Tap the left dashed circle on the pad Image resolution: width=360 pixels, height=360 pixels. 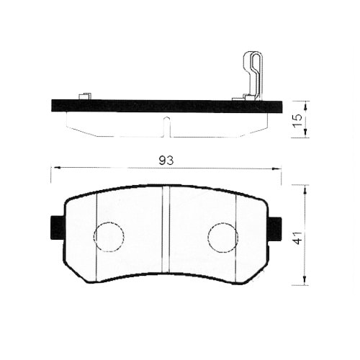(x=109, y=236)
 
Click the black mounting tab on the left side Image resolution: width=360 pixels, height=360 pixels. (x=57, y=228)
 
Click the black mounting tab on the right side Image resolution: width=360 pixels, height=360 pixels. (x=274, y=228)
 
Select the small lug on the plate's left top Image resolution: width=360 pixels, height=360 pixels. (x=84, y=96)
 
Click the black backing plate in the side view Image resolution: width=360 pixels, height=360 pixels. (x=166, y=106)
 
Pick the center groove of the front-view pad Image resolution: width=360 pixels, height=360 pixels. (x=165, y=230)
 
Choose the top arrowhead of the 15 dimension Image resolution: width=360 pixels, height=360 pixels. (x=305, y=104)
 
